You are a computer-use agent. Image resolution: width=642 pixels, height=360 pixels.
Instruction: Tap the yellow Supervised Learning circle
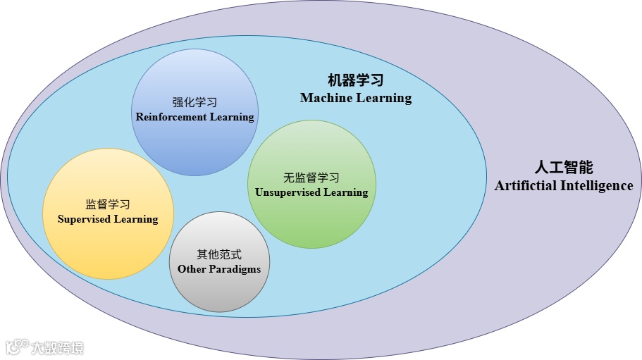[108, 247]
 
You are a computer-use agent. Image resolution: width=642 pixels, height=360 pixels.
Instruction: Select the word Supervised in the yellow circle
[84, 219]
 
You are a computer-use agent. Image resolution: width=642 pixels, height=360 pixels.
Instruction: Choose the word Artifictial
[526, 186]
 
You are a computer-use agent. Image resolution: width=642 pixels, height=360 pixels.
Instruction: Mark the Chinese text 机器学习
[356, 80]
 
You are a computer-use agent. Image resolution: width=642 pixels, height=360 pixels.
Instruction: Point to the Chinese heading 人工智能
[563, 168]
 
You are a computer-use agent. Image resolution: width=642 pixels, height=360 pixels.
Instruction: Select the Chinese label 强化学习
[195, 102]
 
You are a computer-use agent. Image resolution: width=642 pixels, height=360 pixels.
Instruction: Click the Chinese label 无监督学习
[311, 178]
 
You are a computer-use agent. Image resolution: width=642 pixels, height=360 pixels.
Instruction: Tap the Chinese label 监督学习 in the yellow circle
[108, 205]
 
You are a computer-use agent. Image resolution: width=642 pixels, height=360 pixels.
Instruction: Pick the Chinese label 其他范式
[219, 255]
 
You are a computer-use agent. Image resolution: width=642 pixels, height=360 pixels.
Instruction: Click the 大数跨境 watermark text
[56, 347]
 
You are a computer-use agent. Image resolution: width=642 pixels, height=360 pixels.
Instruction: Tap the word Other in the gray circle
[191, 269]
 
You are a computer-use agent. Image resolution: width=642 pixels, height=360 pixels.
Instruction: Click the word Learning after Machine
[383, 98]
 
